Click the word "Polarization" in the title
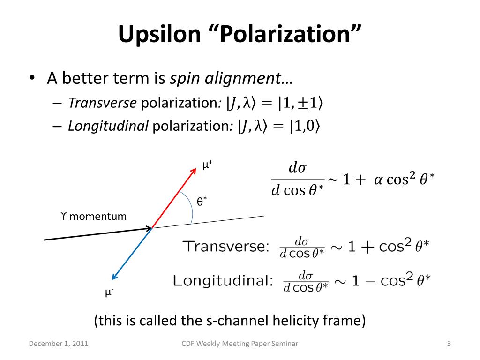point(287,34)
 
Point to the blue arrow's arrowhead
point(113,277)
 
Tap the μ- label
point(109,292)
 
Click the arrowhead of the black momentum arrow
point(150,228)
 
